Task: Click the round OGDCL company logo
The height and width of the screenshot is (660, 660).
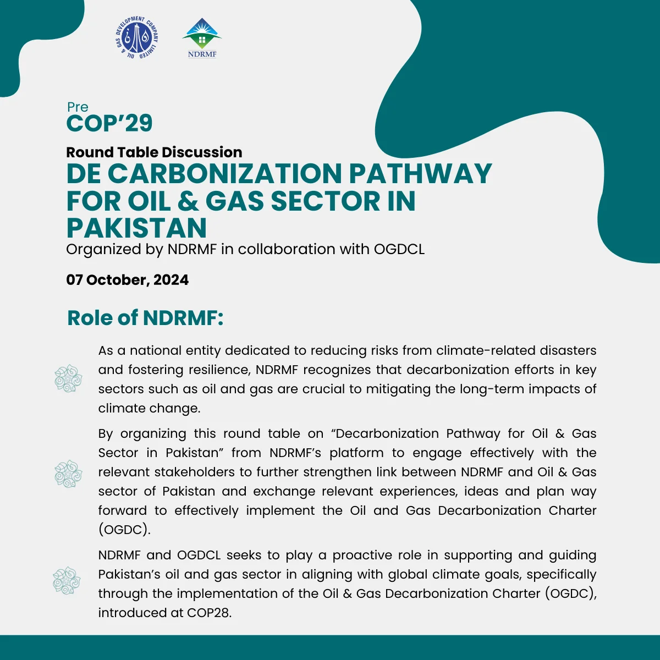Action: (x=137, y=38)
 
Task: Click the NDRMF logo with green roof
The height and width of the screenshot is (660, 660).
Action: (x=202, y=37)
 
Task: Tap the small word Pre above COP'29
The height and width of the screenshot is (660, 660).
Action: (x=78, y=107)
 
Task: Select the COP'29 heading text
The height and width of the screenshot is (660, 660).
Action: (x=109, y=123)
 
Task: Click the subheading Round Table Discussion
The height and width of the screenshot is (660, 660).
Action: (x=154, y=152)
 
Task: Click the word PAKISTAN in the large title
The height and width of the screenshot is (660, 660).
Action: (x=136, y=228)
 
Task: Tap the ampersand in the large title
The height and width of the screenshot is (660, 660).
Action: (x=188, y=201)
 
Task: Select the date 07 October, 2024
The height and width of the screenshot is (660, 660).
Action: (x=127, y=280)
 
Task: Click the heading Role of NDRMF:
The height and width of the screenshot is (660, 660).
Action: (x=145, y=318)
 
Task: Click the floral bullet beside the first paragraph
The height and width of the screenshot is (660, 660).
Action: (x=68, y=378)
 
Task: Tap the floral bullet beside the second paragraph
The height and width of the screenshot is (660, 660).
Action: (x=68, y=474)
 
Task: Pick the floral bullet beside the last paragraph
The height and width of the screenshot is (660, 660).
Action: (x=67, y=581)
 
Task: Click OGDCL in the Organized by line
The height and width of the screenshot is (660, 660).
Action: (x=399, y=249)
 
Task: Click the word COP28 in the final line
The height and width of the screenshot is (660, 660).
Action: (x=209, y=613)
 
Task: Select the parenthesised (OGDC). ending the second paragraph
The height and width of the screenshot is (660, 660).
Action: (x=124, y=530)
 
